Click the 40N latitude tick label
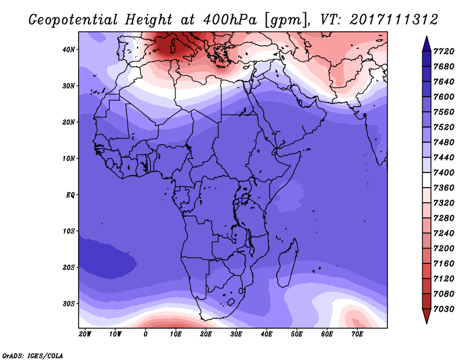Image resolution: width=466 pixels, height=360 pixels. (x=68, y=50)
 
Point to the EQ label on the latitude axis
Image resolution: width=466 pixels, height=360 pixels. (x=70, y=195)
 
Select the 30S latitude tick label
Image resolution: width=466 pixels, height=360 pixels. (x=68, y=304)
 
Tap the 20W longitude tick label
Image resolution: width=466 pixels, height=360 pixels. (x=85, y=334)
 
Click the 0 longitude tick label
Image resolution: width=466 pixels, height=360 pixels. (x=145, y=334)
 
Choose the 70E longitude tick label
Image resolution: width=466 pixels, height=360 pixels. (x=357, y=334)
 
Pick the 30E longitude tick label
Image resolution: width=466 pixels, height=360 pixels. (x=236, y=334)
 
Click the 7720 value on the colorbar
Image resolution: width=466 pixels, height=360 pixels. (x=444, y=51)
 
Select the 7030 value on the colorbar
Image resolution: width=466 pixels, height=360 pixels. (x=444, y=309)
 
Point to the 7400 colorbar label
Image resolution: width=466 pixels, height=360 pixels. (x=444, y=172)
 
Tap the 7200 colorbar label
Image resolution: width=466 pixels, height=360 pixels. (x=444, y=248)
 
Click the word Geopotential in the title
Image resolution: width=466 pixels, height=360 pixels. (x=73, y=20)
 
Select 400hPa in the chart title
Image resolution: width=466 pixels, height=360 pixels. (x=230, y=20)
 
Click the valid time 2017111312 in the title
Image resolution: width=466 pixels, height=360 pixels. (x=394, y=20)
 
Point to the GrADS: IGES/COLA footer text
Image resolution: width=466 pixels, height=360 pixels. (x=33, y=356)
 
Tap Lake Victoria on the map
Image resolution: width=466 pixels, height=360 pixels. (x=245, y=198)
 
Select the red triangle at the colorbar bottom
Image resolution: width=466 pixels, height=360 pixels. (x=426, y=316)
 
